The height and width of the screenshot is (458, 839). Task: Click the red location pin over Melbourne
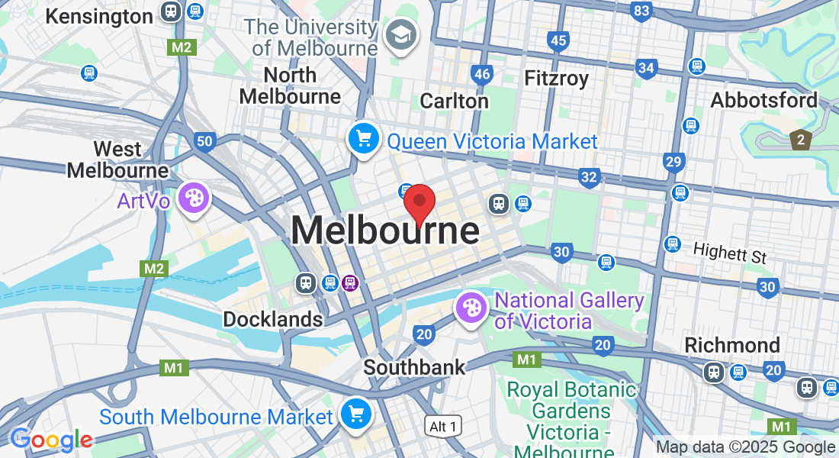pyautogui.click(x=419, y=203)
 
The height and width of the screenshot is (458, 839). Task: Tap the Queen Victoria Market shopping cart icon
pyautogui.click(x=364, y=139)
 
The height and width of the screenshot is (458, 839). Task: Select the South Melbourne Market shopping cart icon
pyautogui.click(x=356, y=414)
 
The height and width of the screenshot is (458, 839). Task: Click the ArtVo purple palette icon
pyautogui.click(x=194, y=198)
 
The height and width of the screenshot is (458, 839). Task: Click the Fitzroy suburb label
pyautogui.click(x=556, y=78)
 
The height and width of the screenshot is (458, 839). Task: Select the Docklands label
pyautogui.click(x=272, y=319)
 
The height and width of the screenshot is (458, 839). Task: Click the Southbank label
pyautogui.click(x=413, y=367)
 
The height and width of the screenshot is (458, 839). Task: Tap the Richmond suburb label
pyautogui.click(x=731, y=344)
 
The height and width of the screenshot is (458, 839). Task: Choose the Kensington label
pyautogui.click(x=99, y=16)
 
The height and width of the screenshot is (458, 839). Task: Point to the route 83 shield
pyautogui.click(x=641, y=11)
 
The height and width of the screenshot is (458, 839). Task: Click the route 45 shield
pyautogui.click(x=558, y=40)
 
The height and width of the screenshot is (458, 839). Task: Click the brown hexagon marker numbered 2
pyautogui.click(x=800, y=140)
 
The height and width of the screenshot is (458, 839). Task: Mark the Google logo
pyautogui.click(x=51, y=440)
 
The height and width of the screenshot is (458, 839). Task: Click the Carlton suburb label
pyautogui.click(x=454, y=101)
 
